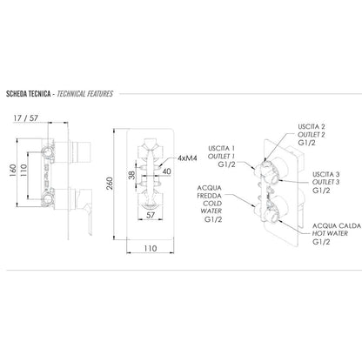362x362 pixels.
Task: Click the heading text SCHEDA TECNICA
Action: pyautogui.click(x=29, y=94)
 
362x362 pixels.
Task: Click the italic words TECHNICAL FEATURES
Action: pyautogui.click(x=85, y=94)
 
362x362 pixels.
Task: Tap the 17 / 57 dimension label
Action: pyautogui.click(x=26, y=118)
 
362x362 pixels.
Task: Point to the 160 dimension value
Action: pyautogui.click(x=12, y=171)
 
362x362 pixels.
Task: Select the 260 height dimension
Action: pyautogui.click(x=110, y=184)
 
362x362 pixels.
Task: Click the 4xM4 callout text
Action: pyautogui.click(x=187, y=158)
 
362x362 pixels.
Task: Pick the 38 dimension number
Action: pyautogui.click(x=131, y=175)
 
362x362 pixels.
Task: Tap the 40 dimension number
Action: pyautogui.click(x=166, y=171)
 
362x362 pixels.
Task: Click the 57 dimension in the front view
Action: pyautogui.click(x=151, y=215)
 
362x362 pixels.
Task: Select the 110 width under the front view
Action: pyautogui.click(x=151, y=248)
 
